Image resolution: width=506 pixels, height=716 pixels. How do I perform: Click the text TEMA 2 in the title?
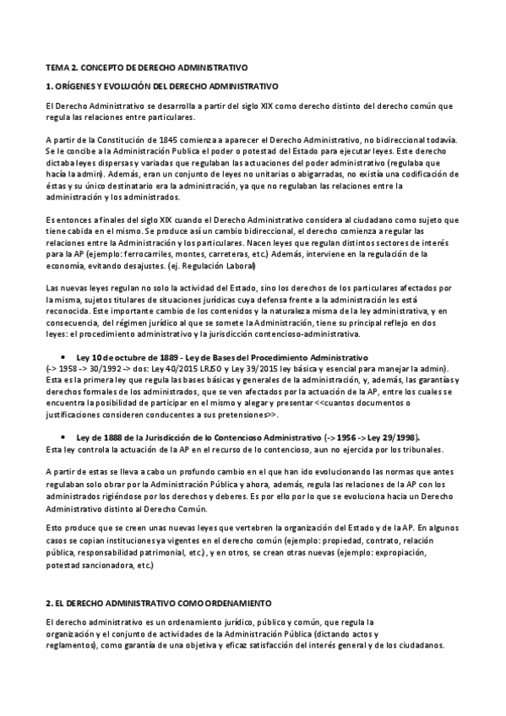point(59,66)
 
